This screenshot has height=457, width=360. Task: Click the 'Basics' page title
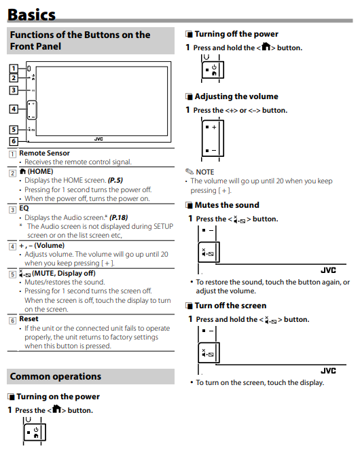(x=31, y=14)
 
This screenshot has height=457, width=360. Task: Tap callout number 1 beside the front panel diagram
(x=14, y=69)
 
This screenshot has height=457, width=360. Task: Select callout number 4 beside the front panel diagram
(x=14, y=109)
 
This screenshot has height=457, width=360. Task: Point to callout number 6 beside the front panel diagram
(x=14, y=141)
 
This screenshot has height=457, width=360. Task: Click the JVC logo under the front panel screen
(x=98, y=139)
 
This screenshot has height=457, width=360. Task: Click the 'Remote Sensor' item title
(x=44, y=153)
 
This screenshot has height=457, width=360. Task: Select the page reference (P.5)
(x=115, y=180)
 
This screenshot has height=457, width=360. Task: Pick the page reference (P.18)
(x=119, y=217)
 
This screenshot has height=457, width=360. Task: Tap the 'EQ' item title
(x=24, y=208)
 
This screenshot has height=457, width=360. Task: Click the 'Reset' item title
(x=29, y=319)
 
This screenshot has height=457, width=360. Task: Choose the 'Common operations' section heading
(x=56, y=376)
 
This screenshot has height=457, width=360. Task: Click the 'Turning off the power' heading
(x=236, y=34)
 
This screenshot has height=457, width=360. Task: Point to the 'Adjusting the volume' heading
(x=236, y=96)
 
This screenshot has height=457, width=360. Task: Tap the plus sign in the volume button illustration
(x=214, y=127)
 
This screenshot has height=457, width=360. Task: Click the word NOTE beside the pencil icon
(x=205, y=172)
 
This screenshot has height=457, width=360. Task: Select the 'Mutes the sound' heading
(x=227, y=205)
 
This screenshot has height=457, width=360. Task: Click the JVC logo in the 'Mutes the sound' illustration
(x=328, y=270)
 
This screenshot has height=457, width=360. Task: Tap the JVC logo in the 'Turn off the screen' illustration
(x=328, y=371)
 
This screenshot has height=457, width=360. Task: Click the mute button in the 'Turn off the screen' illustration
(x=209, y=353)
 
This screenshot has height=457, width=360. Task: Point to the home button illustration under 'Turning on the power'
(x=35, y=433)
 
